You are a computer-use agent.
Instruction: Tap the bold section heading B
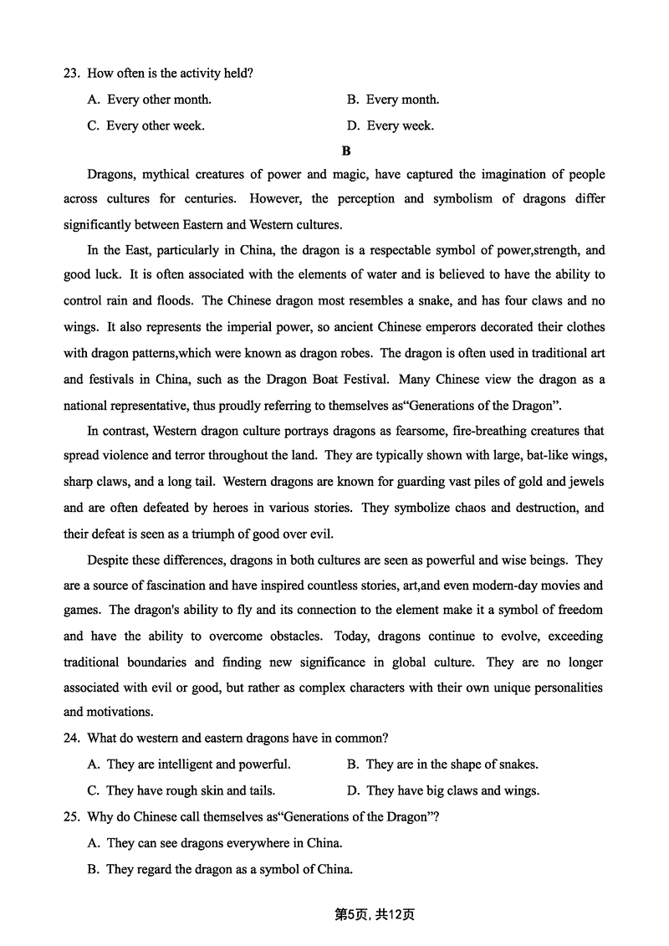click(x=346, y=151)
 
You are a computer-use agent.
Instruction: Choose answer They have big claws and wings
click(x=452, y=790)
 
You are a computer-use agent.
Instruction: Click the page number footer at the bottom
click(x=375, y=914)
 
